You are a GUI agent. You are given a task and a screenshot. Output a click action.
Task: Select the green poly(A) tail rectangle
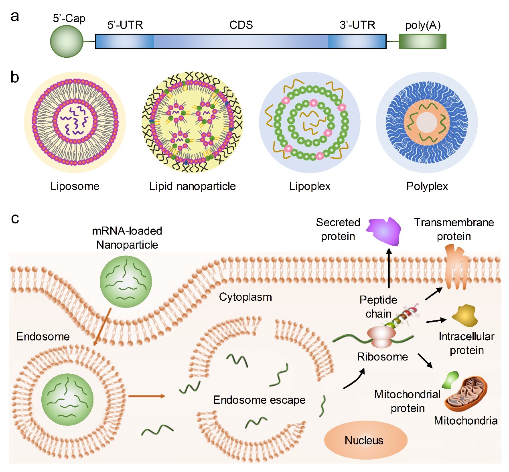(x=422, y=41)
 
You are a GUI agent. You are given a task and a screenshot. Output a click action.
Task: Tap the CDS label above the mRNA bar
(x=241, y=25)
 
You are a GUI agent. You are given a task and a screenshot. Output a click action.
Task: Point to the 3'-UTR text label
(x=357, y=25)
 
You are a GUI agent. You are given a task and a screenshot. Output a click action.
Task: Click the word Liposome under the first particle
(x=75, y=186)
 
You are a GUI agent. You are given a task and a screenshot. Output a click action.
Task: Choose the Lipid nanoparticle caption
(x=192, y=186)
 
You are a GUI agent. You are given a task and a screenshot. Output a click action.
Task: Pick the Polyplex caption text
(x=427, y=186)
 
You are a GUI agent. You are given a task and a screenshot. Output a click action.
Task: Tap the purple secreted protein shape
(x=384, y=231)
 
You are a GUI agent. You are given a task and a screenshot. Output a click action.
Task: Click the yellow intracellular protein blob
(x=465, y=316)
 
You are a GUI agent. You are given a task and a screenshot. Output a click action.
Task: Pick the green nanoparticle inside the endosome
(x=67, y=399)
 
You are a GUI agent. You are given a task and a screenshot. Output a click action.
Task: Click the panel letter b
(x=15, y=77)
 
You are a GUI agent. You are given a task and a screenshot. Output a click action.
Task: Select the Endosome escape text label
(x=259, y=400)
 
